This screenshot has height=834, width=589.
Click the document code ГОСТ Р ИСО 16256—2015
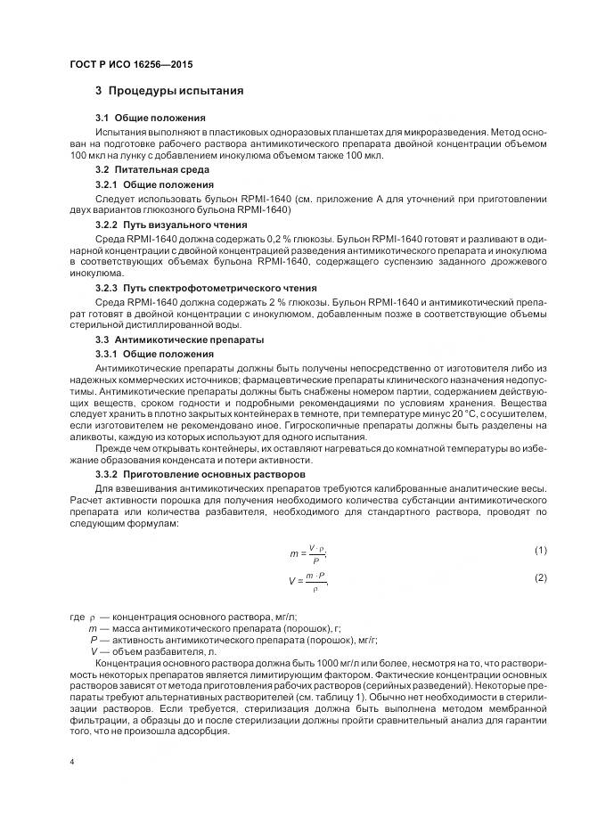tap(130, 66)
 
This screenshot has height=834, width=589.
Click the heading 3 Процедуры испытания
tap(169, 92)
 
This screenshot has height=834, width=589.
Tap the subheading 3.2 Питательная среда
tap(152, 168)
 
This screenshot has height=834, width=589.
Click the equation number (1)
tap(540, 551)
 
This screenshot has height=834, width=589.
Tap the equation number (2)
tap(540, 578)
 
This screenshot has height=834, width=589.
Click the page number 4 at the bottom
tap(71, 762)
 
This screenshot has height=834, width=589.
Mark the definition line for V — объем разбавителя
tap(153, 651)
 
